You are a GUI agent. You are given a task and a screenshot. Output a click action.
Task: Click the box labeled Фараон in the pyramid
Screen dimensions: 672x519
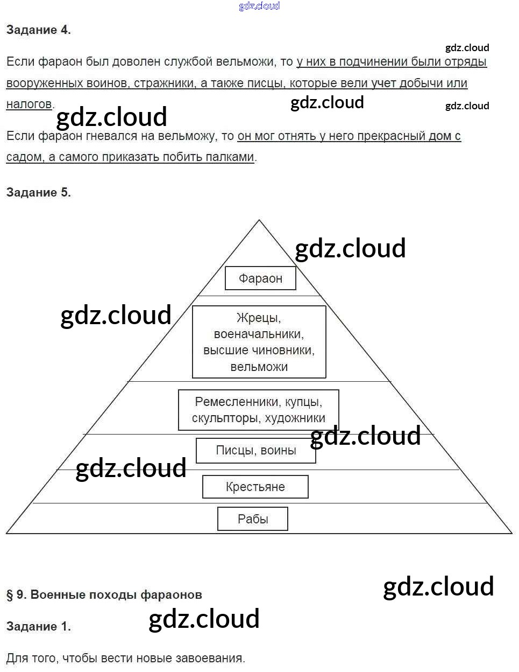click(260, 278)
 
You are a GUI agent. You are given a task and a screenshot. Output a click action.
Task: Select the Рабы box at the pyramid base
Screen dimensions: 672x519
click(253, 519)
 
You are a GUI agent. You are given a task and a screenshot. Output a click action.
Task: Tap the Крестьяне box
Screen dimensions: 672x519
click(255, 487)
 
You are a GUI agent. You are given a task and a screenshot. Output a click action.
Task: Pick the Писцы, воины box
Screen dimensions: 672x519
click(256, 451)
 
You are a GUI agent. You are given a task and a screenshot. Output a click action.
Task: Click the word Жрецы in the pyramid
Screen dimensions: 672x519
click(259, 318)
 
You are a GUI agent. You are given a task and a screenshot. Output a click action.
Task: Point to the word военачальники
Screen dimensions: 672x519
click(259, 334)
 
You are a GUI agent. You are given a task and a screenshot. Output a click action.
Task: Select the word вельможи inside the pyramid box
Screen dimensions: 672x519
click(259, 367)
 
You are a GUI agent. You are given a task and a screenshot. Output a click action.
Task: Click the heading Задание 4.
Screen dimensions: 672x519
click(38, 30)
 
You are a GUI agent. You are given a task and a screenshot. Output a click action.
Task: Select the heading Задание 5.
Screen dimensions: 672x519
click(38, 193)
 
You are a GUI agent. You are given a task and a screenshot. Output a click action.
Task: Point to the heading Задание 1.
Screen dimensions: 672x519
click(38, 627)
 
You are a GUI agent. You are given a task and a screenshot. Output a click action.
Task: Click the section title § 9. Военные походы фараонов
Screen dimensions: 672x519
click(104, 595)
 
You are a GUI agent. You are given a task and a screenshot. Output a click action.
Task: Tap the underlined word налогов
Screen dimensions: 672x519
click(29, 104)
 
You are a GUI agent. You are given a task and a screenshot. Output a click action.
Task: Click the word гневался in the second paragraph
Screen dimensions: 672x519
click(112, 136)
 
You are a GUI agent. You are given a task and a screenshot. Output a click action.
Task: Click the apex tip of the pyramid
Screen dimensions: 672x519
click(259, 221)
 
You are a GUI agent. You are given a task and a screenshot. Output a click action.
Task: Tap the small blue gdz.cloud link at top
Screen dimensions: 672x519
click(259, 6)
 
